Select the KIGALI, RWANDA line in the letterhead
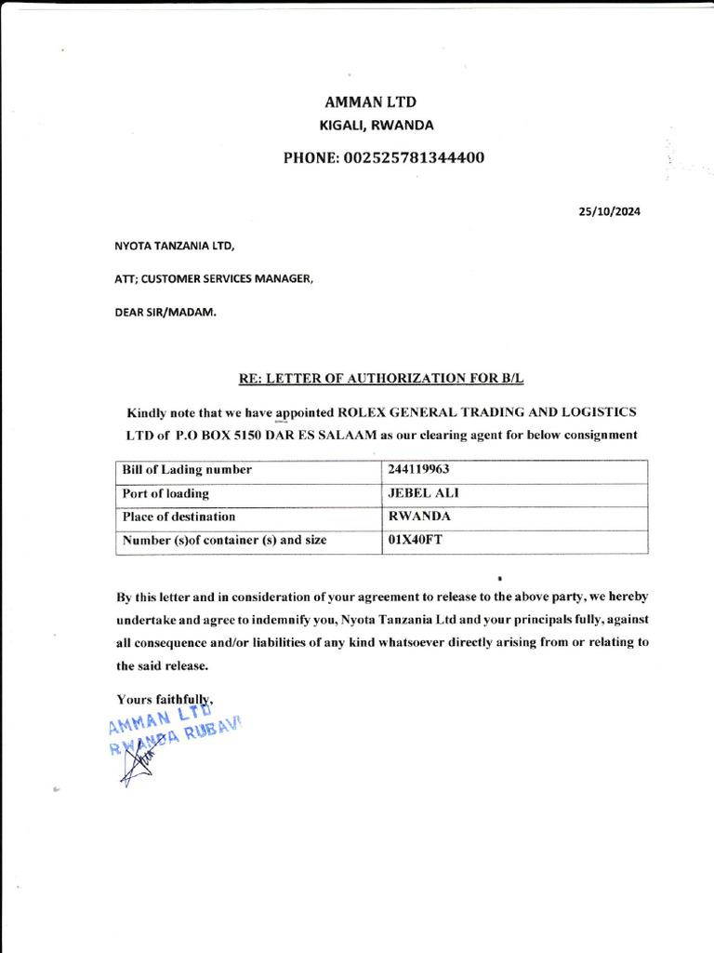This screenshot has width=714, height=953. (377, 126)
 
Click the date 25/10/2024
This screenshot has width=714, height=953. (609, 211)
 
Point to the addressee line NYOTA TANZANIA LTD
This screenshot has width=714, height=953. (174, 247)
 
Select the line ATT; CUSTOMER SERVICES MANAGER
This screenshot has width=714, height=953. (213, 278)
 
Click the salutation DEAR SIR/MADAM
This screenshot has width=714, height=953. (165, 312)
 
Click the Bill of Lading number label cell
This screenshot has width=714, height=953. (187, 470)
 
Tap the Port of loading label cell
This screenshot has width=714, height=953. (165, 493)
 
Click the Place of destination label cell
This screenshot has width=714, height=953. (178, 517)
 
